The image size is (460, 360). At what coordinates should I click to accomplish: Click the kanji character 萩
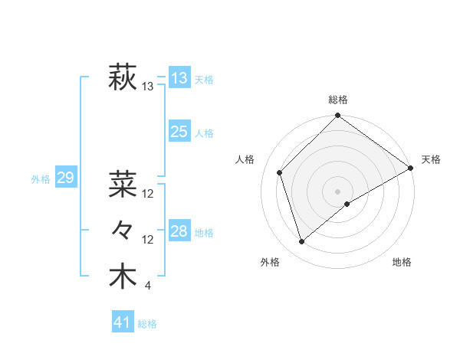[123, 78]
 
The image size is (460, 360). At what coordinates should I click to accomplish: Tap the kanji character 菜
[123, 184]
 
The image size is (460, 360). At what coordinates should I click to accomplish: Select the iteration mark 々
[123, 230]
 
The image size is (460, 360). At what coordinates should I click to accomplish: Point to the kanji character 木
[123, 276]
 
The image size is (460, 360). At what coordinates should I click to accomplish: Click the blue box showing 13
[179, 78]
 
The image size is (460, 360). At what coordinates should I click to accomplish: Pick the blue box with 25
[179, 132]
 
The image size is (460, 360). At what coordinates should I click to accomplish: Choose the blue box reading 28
[179, 231]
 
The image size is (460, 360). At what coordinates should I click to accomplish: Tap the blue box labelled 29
[65, 178]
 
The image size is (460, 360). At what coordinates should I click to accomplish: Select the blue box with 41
[123, 322]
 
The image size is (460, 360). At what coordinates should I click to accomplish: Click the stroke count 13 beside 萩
[148, 87]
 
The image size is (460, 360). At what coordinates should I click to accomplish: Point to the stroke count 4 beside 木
[147, 286]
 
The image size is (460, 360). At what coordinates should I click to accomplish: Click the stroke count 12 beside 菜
[148, 193]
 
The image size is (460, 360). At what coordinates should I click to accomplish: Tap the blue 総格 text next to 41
[148, 324]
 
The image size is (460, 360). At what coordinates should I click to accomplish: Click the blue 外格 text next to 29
[41, 179]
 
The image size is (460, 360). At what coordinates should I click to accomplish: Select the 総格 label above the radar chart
[338, 100]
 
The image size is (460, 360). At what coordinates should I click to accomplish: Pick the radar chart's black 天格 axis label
[431, 159]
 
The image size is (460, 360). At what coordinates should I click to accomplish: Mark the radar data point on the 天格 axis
[411, 169]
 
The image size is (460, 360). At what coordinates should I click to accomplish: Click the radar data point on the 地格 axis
[347, 204]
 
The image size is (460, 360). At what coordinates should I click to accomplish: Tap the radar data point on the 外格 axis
[302, 241]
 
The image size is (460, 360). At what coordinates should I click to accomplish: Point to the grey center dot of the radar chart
[337, 191]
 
